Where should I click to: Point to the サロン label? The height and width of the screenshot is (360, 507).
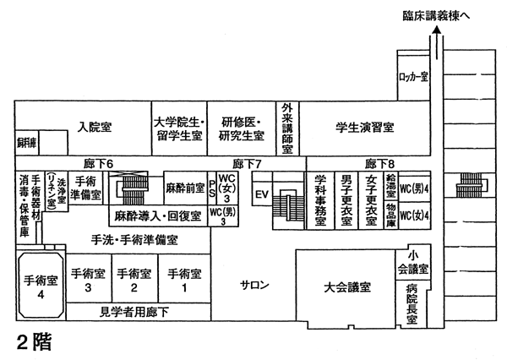tap(254, 284)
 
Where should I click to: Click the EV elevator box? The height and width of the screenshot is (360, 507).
tap(262, 194)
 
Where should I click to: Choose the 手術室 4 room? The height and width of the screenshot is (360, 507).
tap(40, 288)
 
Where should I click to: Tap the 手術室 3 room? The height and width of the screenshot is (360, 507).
tap(87, 280)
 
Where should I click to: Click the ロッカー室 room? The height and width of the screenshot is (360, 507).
tap(413, 77)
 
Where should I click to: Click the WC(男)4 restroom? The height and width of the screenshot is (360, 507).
tap(415, 188)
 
